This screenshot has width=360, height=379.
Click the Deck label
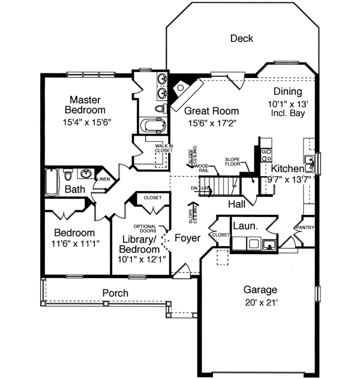click(242, 38)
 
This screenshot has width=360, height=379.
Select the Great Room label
click(211, 111)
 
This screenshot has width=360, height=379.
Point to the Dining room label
click(287, 92)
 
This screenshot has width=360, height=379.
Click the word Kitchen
click(288, 168)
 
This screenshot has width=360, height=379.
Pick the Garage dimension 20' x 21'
click(260, 302)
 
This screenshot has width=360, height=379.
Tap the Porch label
click(115, 293)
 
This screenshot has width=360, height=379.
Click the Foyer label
click(187, 237)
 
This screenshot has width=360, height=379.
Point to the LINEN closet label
click(103, 179)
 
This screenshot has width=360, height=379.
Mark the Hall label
click(236, 205)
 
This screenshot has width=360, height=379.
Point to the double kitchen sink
click(310, 161)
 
